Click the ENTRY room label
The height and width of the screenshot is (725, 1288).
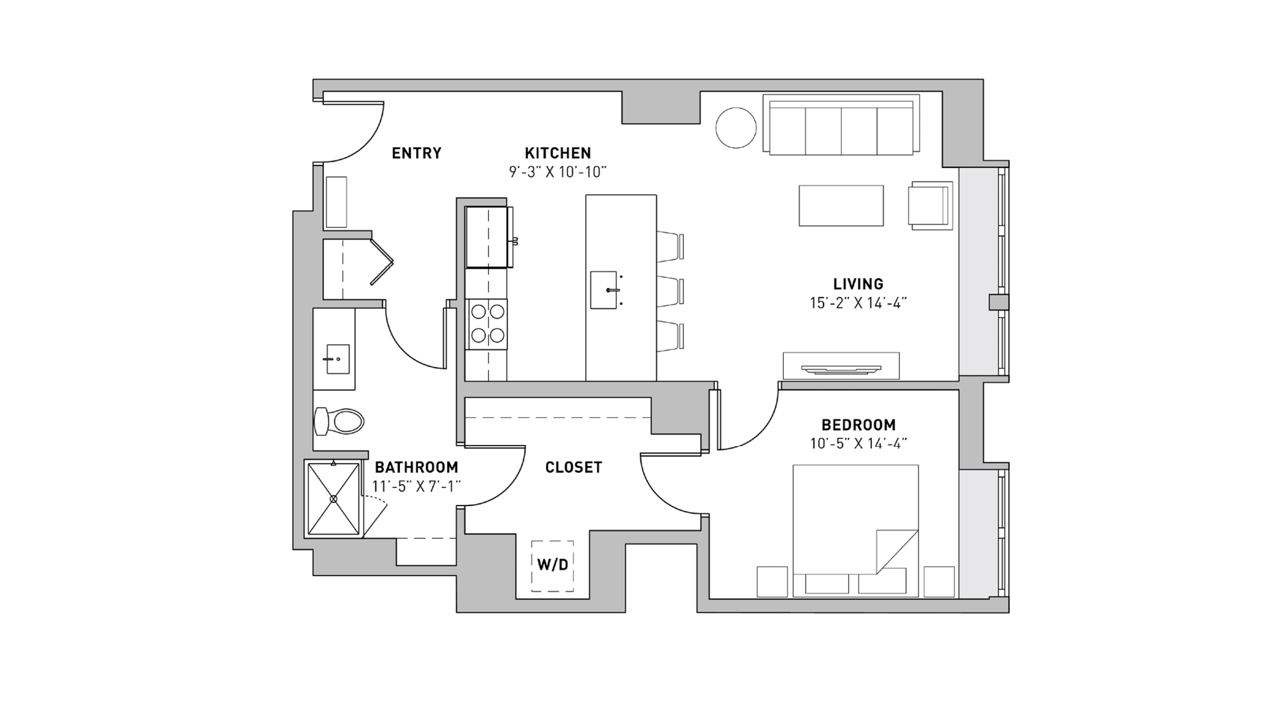pyautogui.click(x=417, y=153)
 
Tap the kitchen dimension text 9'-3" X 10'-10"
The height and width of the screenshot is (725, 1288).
pyautogui.click(x=558, y=172)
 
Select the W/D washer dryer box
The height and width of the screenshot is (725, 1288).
pyautogui.click(x=553, y=565)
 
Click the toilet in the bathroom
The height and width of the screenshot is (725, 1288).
pyautogui.click(x=340, y=422)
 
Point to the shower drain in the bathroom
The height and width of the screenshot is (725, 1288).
pyautogui.click(x=334, y=499)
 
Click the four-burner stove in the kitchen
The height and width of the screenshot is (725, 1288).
pyautogui.click(x=488, y=324)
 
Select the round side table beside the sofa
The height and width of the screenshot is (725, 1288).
pyautogui.click(x=735, y=127)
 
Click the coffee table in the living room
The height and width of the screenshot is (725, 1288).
pyautogui.click(x=841, y=205)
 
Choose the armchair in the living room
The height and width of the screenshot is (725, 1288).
pyautogui.click(x=929, y=205)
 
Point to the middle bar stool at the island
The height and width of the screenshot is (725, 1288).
pyautogui.click(x=671, y=290)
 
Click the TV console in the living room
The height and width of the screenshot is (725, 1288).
pyautogui.click(x=840, y=366)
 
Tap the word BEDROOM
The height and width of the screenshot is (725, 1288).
pyautogui.click(x=858, y=425)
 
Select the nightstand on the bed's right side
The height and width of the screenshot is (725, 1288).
pyautogui.click(x=939, y=581)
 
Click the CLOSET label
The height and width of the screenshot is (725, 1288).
pyautogui.click(x=573, y=467)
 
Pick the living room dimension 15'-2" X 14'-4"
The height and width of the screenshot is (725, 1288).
pyautogui.click(x=858, y=303)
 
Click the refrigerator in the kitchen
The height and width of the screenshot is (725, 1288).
pyautogui.click(x=488, y=237)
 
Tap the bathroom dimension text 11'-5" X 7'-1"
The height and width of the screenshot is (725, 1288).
pyautogui.click(x=417, y=487)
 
